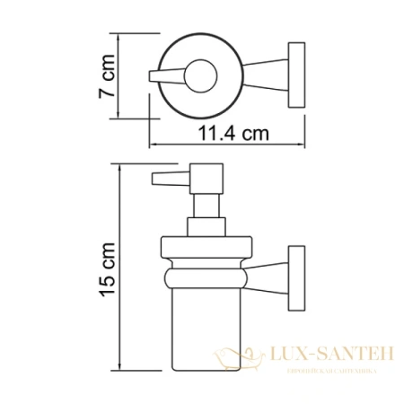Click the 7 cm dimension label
click(x=107, y=81)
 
